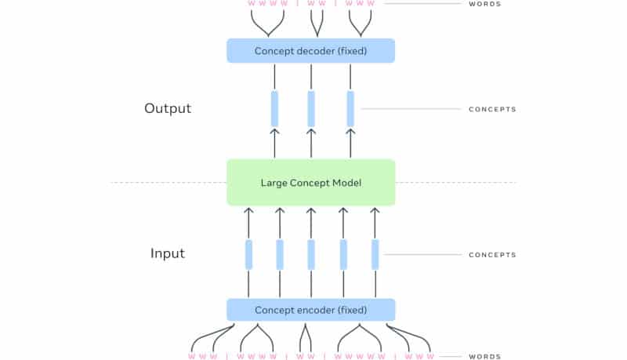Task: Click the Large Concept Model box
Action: pyautogui.click(x=310, y=183)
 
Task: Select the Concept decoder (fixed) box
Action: pyautogui.click(x=310, y=51)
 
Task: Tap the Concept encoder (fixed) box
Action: pyautogui.click(x=310, y=310)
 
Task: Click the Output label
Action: pyautogui.click(x=168, y=108)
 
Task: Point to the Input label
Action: pyautogui.click(x=168, y=253)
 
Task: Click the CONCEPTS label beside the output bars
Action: pyautogui.click(x=492, y=109)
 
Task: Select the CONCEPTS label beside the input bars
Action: pyautogui.click(x=492, y=255)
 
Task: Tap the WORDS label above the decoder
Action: pyautogui.click(x=484, y=4)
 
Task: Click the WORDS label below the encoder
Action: pyautogui.click(x=484, y=356)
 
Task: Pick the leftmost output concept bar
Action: pyautogui.click(x=274, y=109)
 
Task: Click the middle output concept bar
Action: pyautogui.click(x=311, y=109)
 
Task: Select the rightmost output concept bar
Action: pyautogui.click(x=350, y=109)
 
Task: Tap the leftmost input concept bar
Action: pyautogui.click(x=248, y=254)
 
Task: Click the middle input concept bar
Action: pyautogui.click(x=311, y=254)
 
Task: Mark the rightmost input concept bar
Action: pyautogui.click(x=375, y=254)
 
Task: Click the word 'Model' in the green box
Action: pyautogui.click(x=348, y=183)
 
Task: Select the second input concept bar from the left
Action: pyautogui.click(x=280, y=254)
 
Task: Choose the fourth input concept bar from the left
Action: pyautogui.click(x=343, y=254)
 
